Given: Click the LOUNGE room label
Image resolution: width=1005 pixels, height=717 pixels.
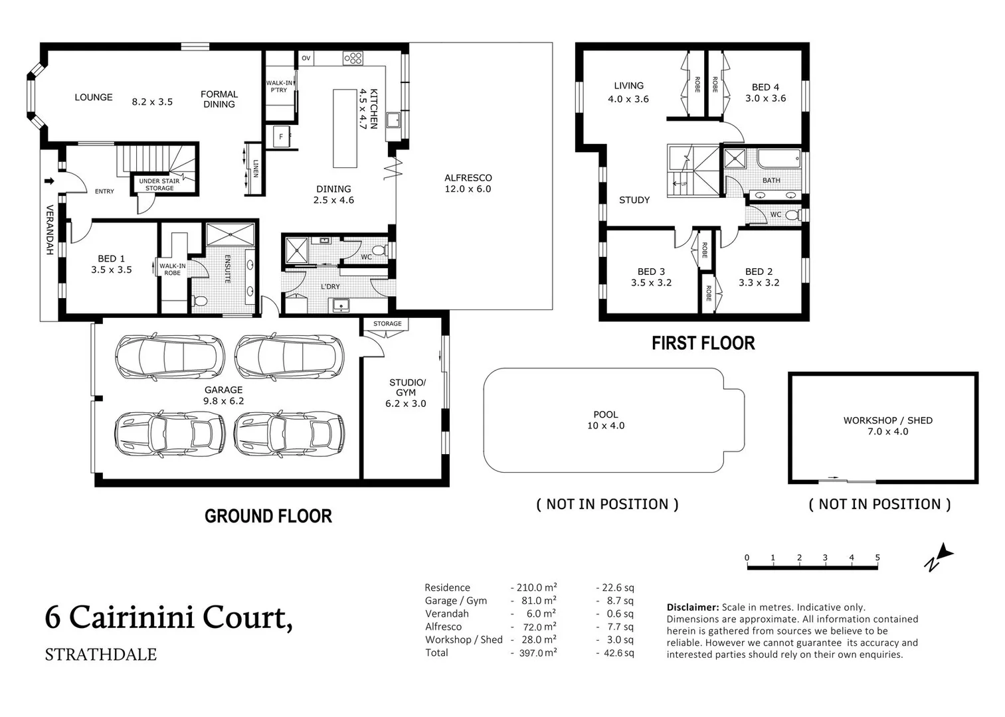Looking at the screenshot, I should tap(93, 98).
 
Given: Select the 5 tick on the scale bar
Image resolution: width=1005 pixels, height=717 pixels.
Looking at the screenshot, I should tap(877, 558).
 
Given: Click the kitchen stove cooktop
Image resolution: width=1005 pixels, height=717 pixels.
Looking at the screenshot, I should tap(353, 58).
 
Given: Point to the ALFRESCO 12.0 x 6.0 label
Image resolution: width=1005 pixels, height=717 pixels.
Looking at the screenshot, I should tap(468, 183).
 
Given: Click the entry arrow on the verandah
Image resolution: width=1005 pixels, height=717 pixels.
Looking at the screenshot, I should tap(49, 181).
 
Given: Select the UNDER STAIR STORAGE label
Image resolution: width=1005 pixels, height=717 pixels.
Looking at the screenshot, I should tap(159, 185).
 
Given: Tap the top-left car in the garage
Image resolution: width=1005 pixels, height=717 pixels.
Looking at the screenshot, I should tap(169, 356).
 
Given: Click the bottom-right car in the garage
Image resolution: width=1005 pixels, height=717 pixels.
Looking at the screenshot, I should tap(289, 434).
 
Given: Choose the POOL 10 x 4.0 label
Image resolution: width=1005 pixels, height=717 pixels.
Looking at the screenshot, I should tap(605, 420).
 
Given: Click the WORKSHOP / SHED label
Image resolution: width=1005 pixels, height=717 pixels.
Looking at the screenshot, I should tap(887, 426).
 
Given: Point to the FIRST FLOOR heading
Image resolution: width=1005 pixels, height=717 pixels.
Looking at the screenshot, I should tap(703, 343).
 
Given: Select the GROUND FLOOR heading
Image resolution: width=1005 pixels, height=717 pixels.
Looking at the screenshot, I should tap(268, 516).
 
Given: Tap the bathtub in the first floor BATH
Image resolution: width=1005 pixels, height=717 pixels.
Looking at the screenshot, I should tap(778, 159).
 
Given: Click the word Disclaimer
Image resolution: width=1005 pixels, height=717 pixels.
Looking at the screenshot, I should tap(692, 607).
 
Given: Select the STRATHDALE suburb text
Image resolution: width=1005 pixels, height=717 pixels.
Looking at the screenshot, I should tap(100, 655).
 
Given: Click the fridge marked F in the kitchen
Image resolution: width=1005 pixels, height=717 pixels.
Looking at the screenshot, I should tap(281, 137).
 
